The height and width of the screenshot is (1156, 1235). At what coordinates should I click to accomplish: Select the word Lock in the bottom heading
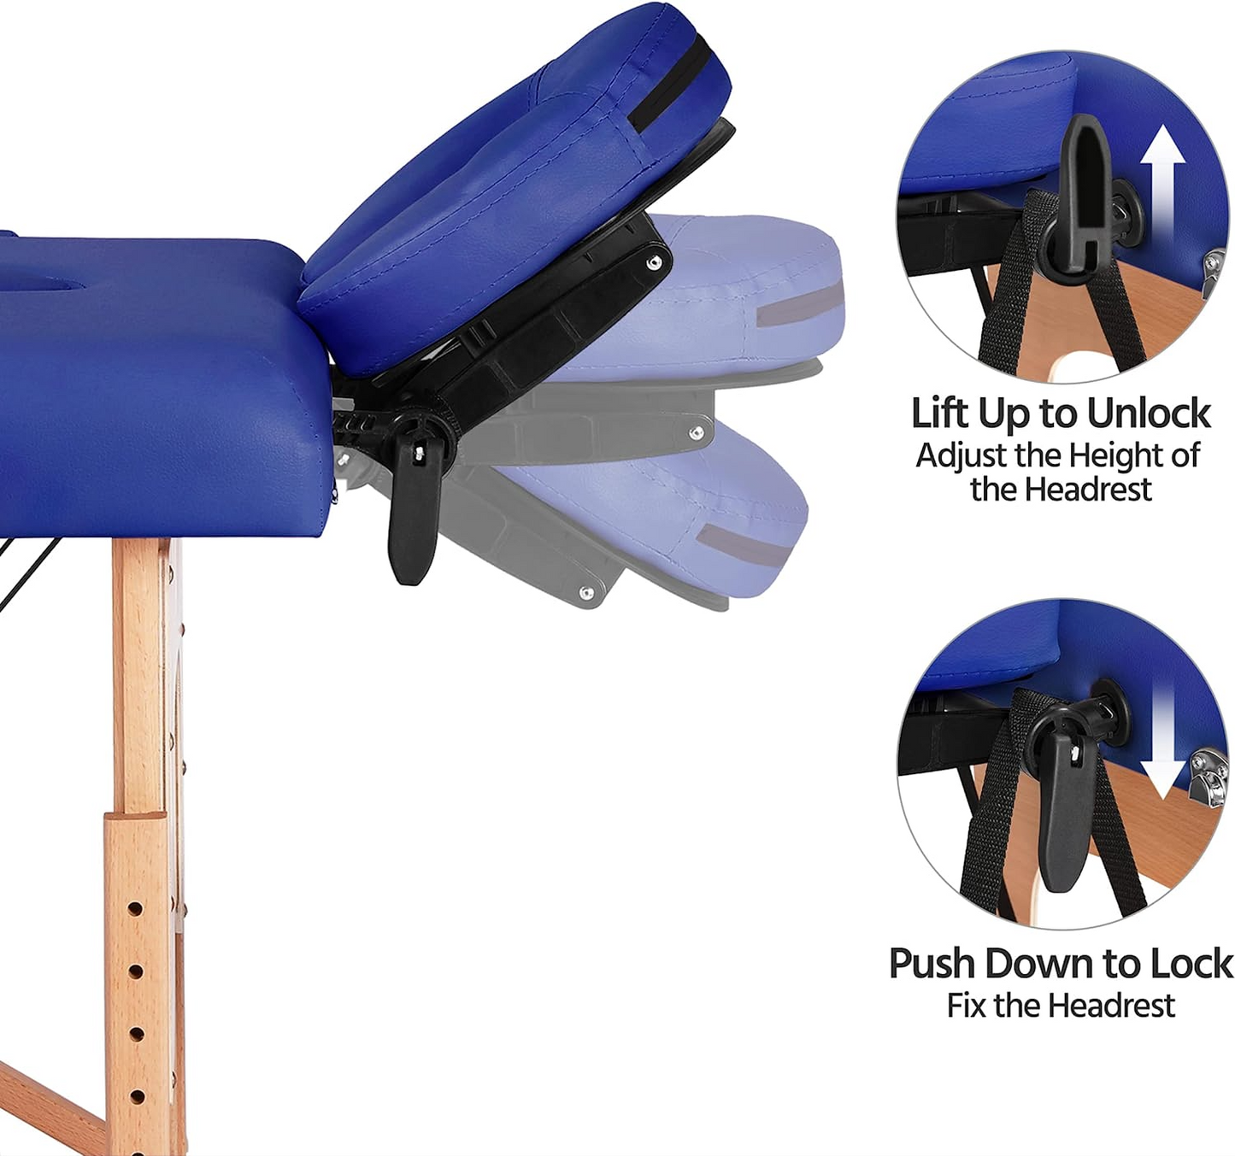tap(1191, 964)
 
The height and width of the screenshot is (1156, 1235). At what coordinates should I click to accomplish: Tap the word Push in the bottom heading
tap(932, 964)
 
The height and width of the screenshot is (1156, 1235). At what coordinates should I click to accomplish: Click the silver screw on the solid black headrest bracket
tap(651, 264)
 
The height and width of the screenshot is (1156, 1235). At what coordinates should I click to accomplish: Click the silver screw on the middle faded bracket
tap(697, 431)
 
